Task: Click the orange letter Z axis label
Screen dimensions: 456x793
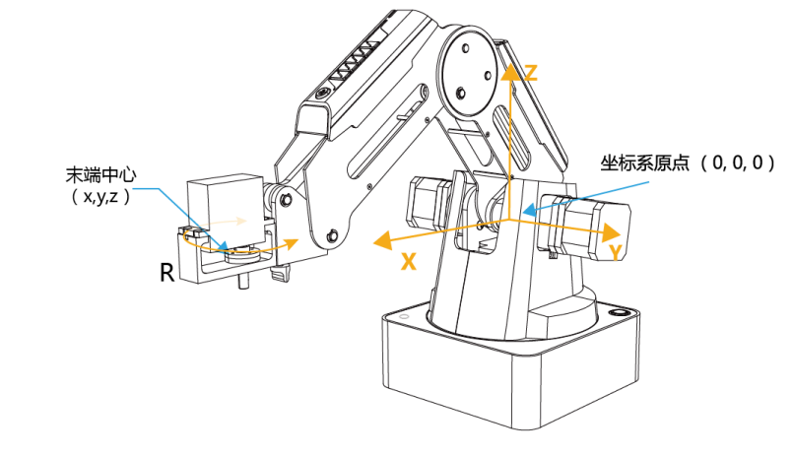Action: (530, 72)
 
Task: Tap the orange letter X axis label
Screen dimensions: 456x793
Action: (407, 262)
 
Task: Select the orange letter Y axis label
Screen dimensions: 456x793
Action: (615, 254)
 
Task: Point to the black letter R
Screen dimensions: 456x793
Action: (167, 273)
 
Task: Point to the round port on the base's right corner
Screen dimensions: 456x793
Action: (621, 313)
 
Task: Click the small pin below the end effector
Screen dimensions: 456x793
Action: (243, 286)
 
